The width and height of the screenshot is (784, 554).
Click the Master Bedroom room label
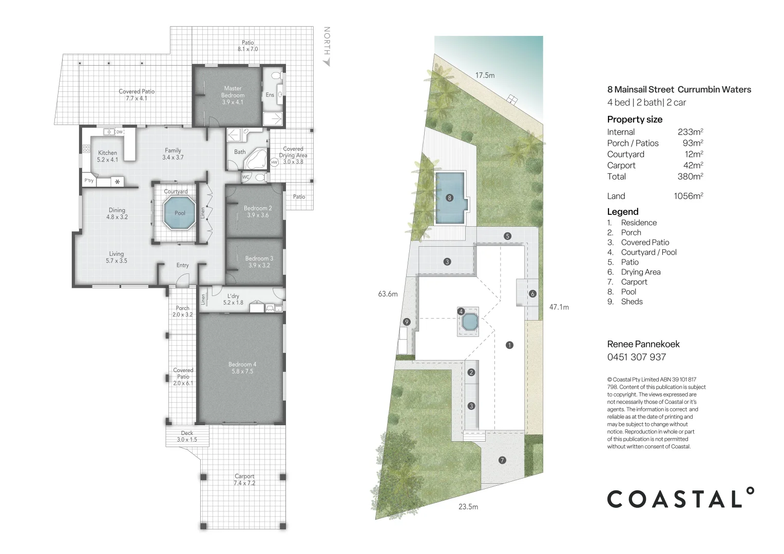click(x=233, y=95)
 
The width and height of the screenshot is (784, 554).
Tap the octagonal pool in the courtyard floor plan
click(x=180, y=213)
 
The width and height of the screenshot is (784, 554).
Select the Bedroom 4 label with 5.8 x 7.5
click(x=242, y=368)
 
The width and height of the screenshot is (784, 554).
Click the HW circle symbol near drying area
click(x=274, y=162)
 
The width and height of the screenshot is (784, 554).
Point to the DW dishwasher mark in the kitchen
click(x=119, y=132)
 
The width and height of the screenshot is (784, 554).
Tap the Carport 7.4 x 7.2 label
click(x=244, y=480)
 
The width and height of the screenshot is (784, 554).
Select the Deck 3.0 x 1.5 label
click(x=187, y=437)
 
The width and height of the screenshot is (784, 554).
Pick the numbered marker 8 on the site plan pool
click(x=449, y=197)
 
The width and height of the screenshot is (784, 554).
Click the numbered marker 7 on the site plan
click(x=502, y=460)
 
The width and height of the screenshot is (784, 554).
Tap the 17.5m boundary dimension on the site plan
click(x=485, y=75)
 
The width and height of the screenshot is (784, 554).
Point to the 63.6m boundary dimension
click(x=388, y=294)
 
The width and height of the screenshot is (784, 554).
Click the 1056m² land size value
click(x=688, y=196)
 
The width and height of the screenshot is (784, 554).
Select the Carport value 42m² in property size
click(x=693, y=165)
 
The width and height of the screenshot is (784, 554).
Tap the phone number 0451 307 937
click(x=636, y=357)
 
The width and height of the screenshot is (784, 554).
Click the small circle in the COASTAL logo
click(x=750, y=491)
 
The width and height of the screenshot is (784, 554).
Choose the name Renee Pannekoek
click(x=643, y=344)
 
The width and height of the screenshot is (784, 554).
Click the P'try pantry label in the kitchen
click(x=89, y=181)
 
